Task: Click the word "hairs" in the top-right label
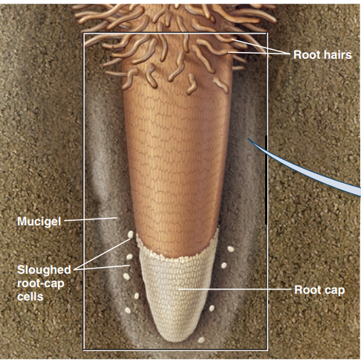point(338,54)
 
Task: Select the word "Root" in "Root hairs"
point(308,54)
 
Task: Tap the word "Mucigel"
point(39,221)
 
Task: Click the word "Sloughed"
point(44,269)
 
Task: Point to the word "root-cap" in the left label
point(41,283)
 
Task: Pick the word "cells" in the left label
point(30,297)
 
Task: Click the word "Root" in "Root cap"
point(306,290)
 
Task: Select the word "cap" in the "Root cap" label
point(333,291)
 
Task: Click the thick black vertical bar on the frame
point(267,180)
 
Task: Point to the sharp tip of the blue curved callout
point(248,139)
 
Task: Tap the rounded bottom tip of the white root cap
point(177,341)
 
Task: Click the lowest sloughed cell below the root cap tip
point(201,340)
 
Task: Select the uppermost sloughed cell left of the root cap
point(131,234)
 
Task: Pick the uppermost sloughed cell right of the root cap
point(231,249)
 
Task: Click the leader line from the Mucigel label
point(91,219)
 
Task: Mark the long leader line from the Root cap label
point(235,289)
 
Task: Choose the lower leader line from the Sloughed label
point(102,268)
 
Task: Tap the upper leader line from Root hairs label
point(261,47)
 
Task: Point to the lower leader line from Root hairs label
point(259,53)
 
